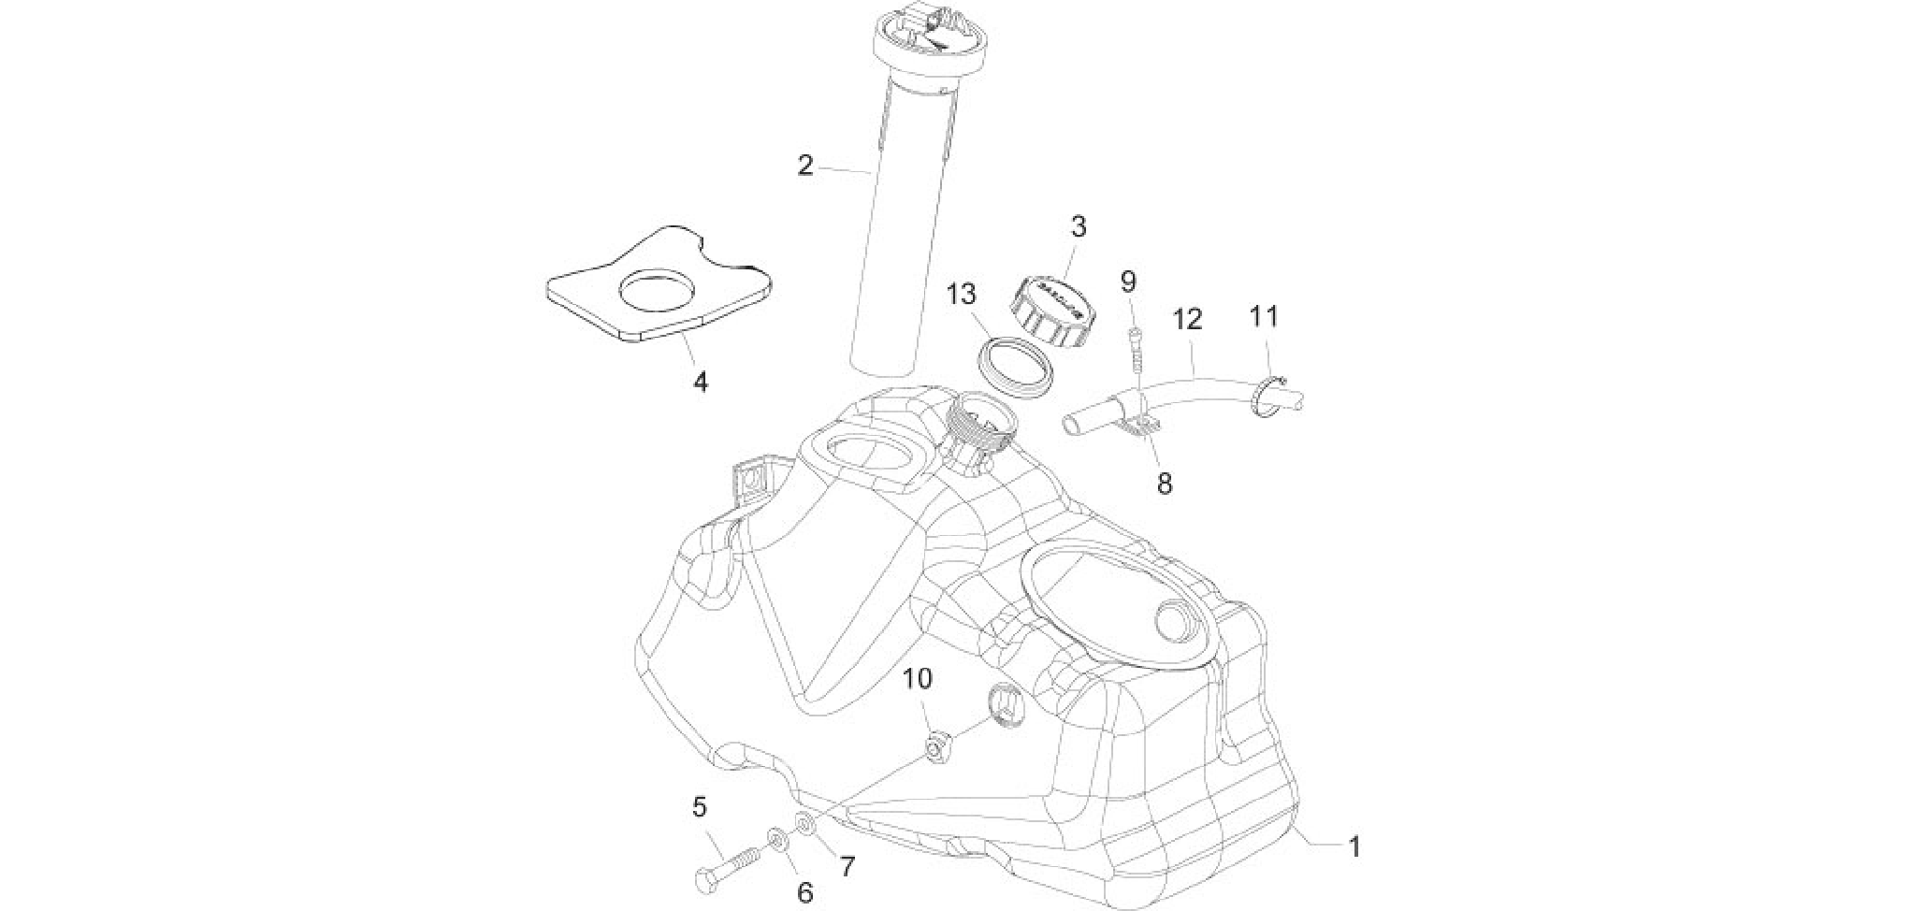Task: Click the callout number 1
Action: click(1354, 848)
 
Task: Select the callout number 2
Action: click(805, 166)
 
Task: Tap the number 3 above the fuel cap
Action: click(1079, 226)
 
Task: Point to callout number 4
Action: click(700, 382)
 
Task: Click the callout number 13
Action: click(961, 295)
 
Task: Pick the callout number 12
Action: click(1187, 320)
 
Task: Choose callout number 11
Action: click(1264, 316)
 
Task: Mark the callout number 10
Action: click(918, 679)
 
